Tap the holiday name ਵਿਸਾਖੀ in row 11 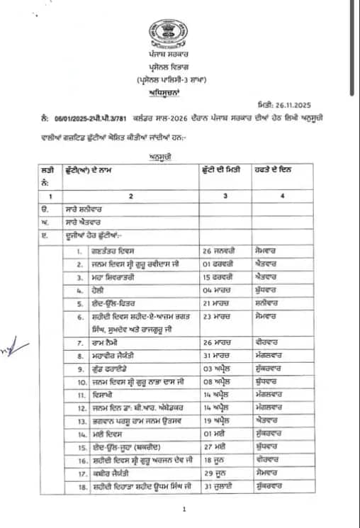pyautogui.click(x=99, y=395)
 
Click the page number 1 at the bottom pyautogui.click(x=184, y=508)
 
